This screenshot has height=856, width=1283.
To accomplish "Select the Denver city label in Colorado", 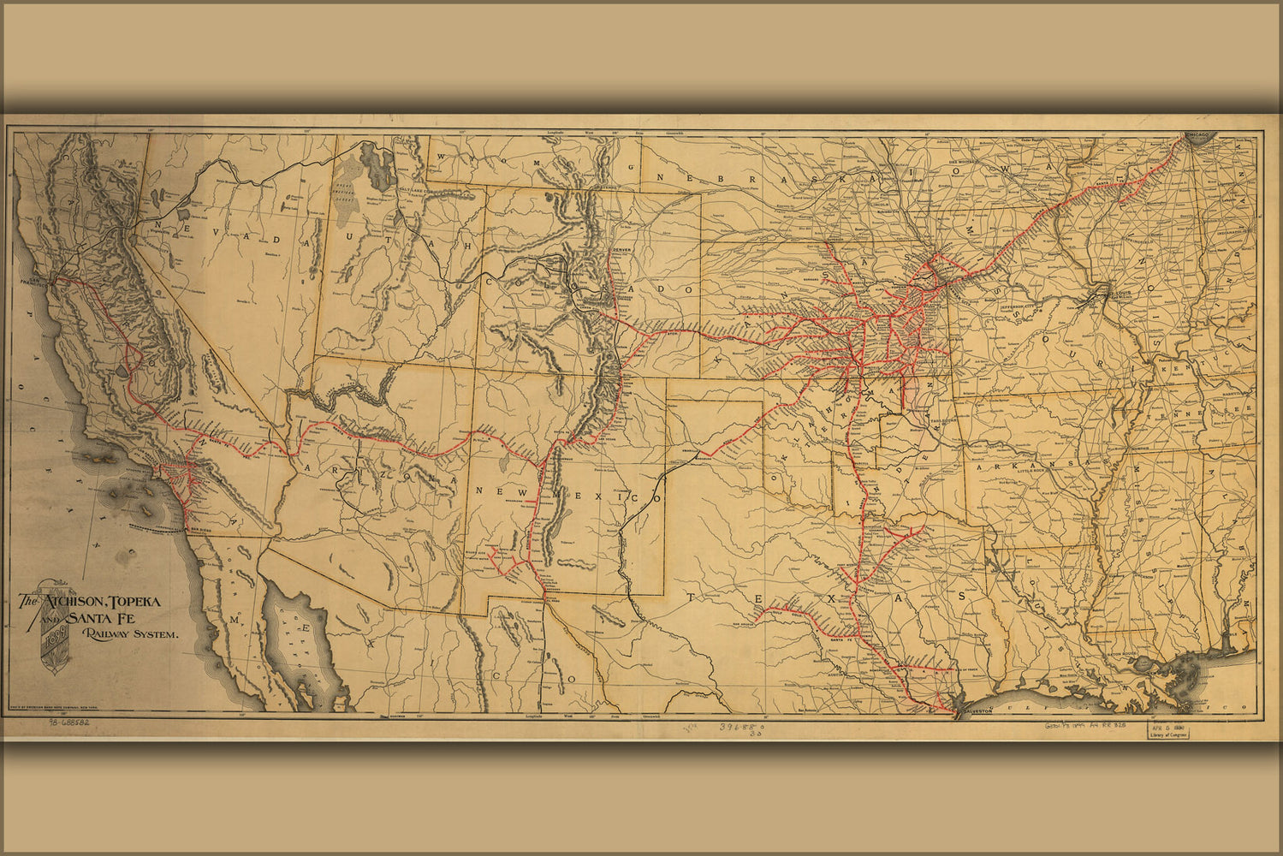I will click(621, 248).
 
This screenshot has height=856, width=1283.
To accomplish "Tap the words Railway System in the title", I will click(130, 635).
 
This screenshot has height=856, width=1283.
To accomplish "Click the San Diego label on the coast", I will click(199, 528).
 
